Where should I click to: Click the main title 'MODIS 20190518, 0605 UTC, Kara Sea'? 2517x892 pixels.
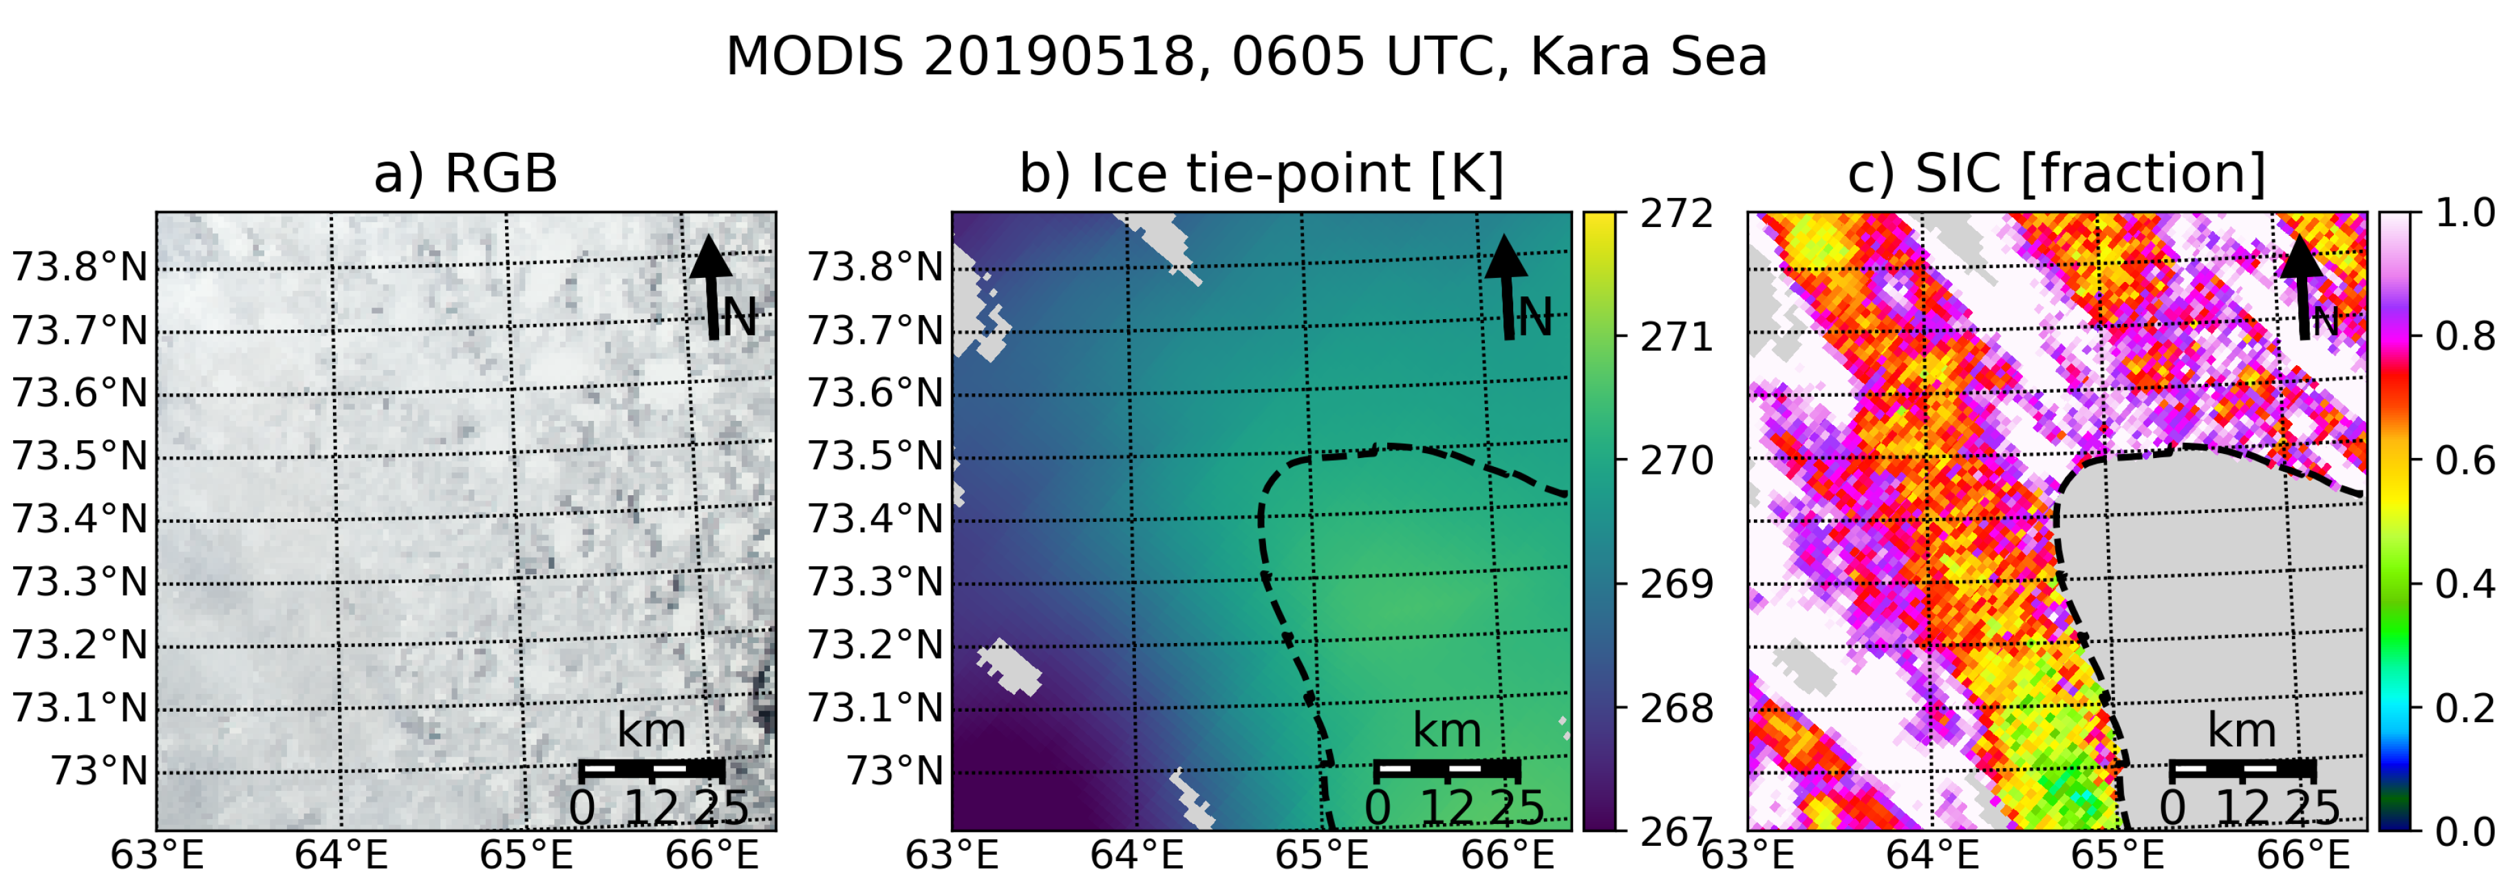[x=1246, y=56]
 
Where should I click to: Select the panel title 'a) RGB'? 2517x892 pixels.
[x=465, y=174]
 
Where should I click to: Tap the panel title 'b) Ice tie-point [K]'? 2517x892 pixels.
[x=1261, y=174]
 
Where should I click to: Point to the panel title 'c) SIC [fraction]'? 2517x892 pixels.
[x=2056, y=174]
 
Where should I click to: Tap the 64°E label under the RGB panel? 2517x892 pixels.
[x=341, y=856]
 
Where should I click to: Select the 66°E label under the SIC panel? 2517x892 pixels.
[x=2303, y=856]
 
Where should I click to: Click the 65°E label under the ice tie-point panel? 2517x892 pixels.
[x=1321, y=856]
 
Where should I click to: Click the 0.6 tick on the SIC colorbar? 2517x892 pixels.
[x=2464, y=460]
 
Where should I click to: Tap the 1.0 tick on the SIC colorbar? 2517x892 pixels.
[x=2464, y=214]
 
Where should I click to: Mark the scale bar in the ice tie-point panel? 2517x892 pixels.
[x=1447, y=770]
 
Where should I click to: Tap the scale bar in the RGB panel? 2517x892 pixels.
[x=652, y=770]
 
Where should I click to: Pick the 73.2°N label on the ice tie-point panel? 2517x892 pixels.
[x=875, y=645]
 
